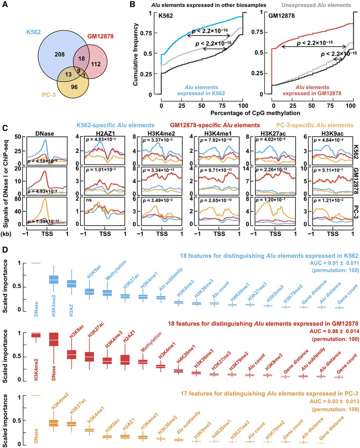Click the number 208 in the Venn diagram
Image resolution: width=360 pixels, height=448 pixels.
pyautogui.click(x=60, y=54)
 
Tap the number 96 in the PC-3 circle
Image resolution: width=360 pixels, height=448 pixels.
pyautogui.click(x=74, y=87)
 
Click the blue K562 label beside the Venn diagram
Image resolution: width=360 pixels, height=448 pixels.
pyautogui.click(x=33, y=32)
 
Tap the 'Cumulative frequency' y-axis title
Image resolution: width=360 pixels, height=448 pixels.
pyautogui.click(x=136, y=55)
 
